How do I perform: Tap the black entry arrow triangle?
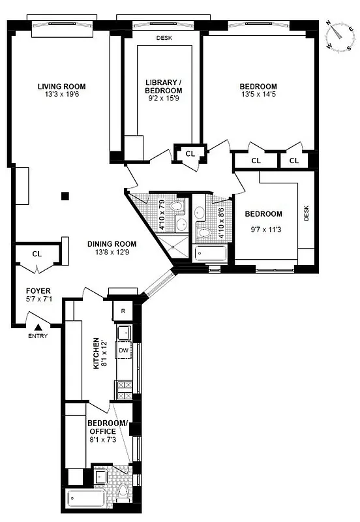[x=38, y=327]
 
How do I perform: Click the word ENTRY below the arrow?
[x=38, y=337]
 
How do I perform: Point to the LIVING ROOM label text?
[x=61, y=86]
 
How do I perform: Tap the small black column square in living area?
[x=64, y=195]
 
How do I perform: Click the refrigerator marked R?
[x=123, y=311]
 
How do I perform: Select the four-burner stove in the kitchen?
[x=123, y=390]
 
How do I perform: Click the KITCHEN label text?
[x=96, y=352]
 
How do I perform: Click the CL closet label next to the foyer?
[x=37, y=254]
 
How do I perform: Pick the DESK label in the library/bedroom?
[x=164, y=38]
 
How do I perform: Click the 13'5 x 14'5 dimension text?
[x=258, y=96]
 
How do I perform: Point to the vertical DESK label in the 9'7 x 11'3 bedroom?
[x=307, y=213]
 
